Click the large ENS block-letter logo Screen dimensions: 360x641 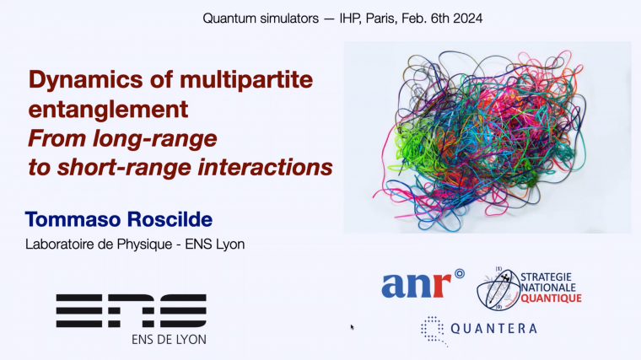point(131,310)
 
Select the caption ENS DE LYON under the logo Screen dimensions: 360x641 point(169,339)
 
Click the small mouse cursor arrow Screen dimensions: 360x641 point(352,325)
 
